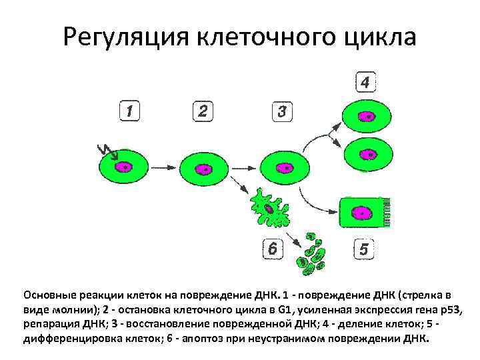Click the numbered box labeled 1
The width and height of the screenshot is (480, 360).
coord(130,110)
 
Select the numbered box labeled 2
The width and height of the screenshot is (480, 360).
coord(203,110)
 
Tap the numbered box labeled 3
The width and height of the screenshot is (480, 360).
coord(283,111)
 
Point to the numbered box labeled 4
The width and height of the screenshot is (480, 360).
coord(365,82)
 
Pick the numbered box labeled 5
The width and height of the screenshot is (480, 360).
coord(363,249)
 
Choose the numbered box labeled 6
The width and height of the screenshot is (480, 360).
coord(272,250)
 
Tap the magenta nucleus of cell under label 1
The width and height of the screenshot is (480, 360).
coord(124,167)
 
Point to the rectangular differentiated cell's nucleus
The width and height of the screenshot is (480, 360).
coord(363,213)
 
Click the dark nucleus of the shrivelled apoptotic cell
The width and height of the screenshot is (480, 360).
coord(268,209)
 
